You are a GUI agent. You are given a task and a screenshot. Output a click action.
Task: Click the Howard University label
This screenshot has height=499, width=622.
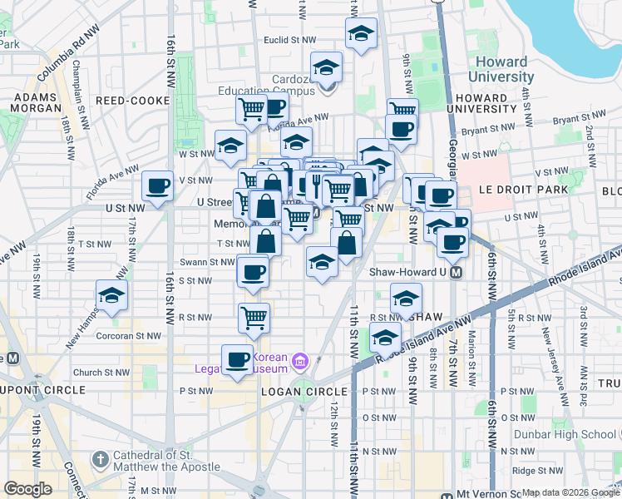[x=501, y=69]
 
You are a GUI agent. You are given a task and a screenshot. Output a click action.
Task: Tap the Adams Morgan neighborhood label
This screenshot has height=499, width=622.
[x=33, y=101]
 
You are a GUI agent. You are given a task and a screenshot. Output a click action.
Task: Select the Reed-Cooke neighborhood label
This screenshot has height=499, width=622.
[x=133, y=101]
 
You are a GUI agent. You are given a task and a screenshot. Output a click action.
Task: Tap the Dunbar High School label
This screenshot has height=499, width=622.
[x=580, y=433]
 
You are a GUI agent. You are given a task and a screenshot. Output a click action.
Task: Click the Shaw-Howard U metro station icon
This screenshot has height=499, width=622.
[x=456, y=272]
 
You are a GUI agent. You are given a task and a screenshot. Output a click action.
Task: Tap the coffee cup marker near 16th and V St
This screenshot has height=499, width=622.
[x=156, y=185]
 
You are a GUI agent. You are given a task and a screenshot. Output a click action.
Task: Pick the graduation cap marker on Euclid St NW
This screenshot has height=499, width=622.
[x=360, y=34]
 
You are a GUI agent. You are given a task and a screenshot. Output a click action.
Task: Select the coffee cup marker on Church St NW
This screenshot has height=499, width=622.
[x=238, y=358]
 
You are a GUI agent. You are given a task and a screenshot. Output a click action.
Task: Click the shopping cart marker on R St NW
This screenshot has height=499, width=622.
[x=253, y=316]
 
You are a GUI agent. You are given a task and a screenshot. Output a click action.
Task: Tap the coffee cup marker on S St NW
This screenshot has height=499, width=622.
[x=253, y=270]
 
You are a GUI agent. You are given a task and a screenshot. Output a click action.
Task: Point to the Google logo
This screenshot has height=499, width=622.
[x=28, y=489]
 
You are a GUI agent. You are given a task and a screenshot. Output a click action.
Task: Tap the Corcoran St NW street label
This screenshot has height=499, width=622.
[x=96, y=339]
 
